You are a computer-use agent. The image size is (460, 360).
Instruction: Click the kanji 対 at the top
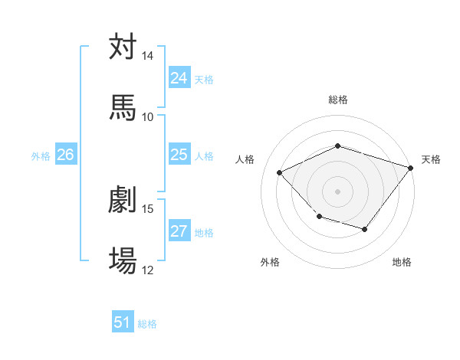click(123, 47)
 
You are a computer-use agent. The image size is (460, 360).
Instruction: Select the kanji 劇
click(123, 200)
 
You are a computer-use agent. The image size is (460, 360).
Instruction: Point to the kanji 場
click(123, 260)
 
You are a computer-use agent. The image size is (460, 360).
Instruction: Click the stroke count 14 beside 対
click(148, 57)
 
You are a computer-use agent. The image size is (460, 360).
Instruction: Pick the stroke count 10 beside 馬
click(148, 116)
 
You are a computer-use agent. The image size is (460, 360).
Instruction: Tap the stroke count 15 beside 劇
click(148, 209)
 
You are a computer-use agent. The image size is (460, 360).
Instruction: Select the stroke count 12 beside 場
click(148, 270)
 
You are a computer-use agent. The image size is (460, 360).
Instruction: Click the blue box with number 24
click(179, 78)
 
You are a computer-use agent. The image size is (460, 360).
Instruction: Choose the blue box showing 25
click(179, 155)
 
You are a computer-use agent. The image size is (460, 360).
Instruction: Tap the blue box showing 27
click(179, 231)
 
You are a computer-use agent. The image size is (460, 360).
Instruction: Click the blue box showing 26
click(65, 155)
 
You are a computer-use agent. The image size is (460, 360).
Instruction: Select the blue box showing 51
click(123, 322)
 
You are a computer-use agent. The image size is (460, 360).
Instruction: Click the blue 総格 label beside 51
click(147, 324)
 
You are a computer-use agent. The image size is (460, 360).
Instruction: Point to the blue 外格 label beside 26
click(41, 155)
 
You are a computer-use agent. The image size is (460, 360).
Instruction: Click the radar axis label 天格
click(431, 159)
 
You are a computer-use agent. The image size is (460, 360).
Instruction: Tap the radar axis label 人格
click(245, 159)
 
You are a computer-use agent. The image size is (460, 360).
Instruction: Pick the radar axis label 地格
click(402, 262)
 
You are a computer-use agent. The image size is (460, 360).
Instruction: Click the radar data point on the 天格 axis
click(410, 168)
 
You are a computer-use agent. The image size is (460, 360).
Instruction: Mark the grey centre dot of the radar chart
click(337, 191)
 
